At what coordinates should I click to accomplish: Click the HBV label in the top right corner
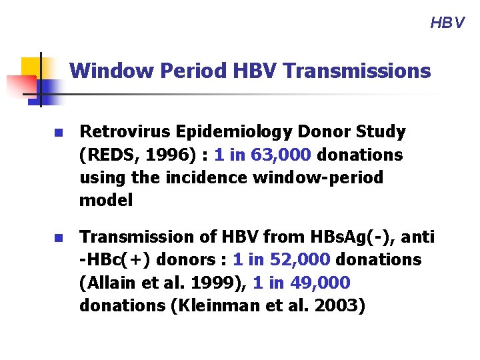click(447, 23)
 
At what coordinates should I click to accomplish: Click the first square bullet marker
click(58, 133)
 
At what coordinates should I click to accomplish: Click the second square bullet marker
click(58, 238)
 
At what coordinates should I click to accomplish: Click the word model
click(106, 200)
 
